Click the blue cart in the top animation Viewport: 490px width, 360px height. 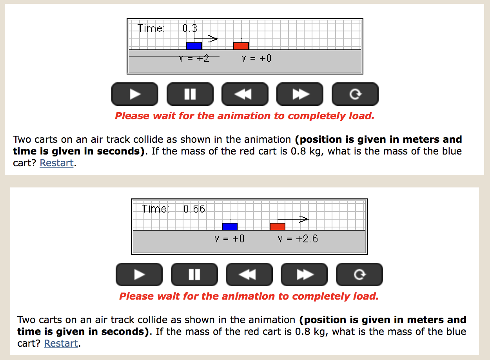(x=194, y=46)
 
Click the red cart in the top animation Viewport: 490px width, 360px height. (x=241, y=46)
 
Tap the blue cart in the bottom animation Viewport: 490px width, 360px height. (x=230, y=226)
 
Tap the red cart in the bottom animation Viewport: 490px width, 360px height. (x=278, y=226)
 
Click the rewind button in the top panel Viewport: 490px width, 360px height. (x=245, y=94)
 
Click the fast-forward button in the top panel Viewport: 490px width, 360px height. (x=300, y=94)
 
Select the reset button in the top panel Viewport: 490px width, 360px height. (x=355, y=94)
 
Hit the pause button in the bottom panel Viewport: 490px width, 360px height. (x=194, y=275)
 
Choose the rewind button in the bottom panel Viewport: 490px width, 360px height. (x=249, y=275)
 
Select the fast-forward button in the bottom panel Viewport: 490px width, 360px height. (x=304, y=275)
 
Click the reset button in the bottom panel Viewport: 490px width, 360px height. (x=359, y=275)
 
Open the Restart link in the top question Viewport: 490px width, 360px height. (x=56, y=163)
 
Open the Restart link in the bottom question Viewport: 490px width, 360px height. (x=61, y=344)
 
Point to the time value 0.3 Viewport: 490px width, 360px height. (x=190, y=29)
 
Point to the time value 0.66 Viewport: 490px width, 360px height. (x=194, y=209)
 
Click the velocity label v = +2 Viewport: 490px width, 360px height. (x=194, y=58)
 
